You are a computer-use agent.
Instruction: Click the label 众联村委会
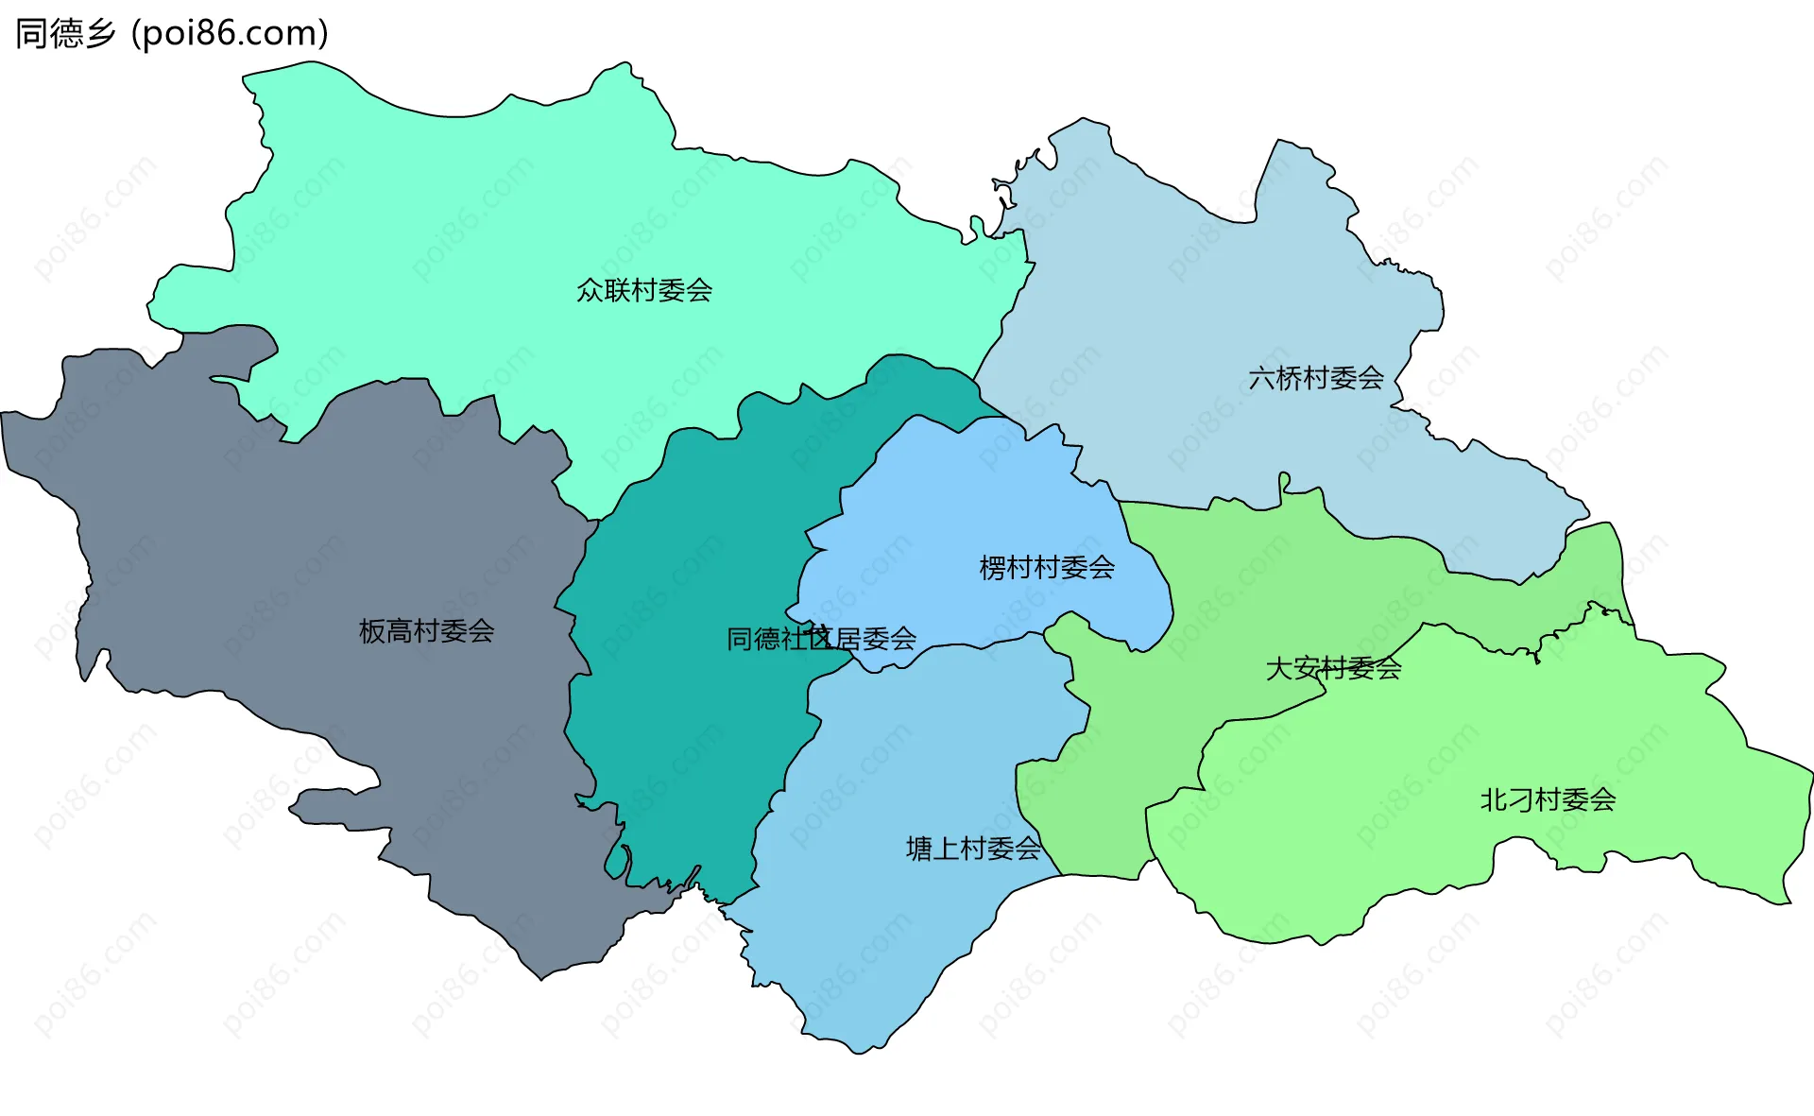pyautogui.click(x=644, y=290)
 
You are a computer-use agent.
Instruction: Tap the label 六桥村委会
pyautogui.click(x=1316, y=378)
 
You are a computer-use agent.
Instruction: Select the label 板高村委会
pyautogui.click(x=426, y=630)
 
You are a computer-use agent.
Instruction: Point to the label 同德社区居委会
pyautogui.click(x=821, y=639)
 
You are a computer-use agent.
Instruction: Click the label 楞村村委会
pyautogui.click(x=1047, y=567)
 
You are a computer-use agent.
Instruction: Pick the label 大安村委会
pyautogui.click(x=1333, y=668)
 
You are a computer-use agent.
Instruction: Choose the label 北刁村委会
pyautogui.click(x=1548, y=799)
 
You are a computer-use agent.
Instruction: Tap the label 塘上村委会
pyautogui.click(x=973, y=848)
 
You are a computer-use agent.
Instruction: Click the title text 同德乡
pyautogui.click(x=65, y=33)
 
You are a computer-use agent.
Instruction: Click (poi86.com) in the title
pyautogui.click(x=231, y=33)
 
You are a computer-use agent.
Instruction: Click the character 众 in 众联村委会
pyautogui.click(x=590, y=290)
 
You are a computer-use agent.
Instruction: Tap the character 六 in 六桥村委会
pyautogui.click(x=1262, y=378)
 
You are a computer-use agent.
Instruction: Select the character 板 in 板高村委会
pyautogui.click(x=372, y=630)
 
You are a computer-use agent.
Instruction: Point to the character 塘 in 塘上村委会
pyautogui.click(x=919, y=848)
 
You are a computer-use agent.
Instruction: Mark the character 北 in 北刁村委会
pyautogui.click(x=1494, y=799)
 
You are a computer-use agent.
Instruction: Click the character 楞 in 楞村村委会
pyautogui.click(x=993, y=567)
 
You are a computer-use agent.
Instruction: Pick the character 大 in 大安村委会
pyautogui.click(x=1279, y=668)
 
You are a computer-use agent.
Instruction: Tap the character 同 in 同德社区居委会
pyautogui.click(x=740, y=639)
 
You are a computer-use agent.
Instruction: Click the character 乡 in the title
pyautogui.click(x=100, y=33)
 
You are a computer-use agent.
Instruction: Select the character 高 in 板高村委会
pyautogui.click(x=400, y=630)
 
